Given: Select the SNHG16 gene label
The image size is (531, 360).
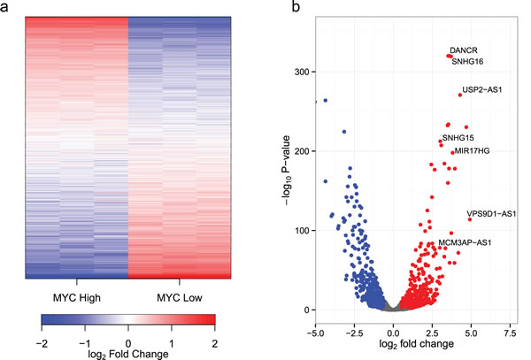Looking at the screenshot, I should tap(467, 62).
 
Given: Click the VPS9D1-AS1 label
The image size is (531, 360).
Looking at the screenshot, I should tap(492, 213).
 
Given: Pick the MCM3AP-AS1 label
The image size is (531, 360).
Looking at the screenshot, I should tap(465, 242).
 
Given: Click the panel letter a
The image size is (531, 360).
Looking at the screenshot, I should tap(8, 8).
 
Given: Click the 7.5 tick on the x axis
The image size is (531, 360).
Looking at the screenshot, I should tap(509, 322).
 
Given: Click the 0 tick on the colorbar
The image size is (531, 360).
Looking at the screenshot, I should tap(127, 340).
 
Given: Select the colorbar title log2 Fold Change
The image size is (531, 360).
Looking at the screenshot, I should tap(127, 352).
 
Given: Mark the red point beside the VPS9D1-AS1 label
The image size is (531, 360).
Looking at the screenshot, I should tap(470, 218).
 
